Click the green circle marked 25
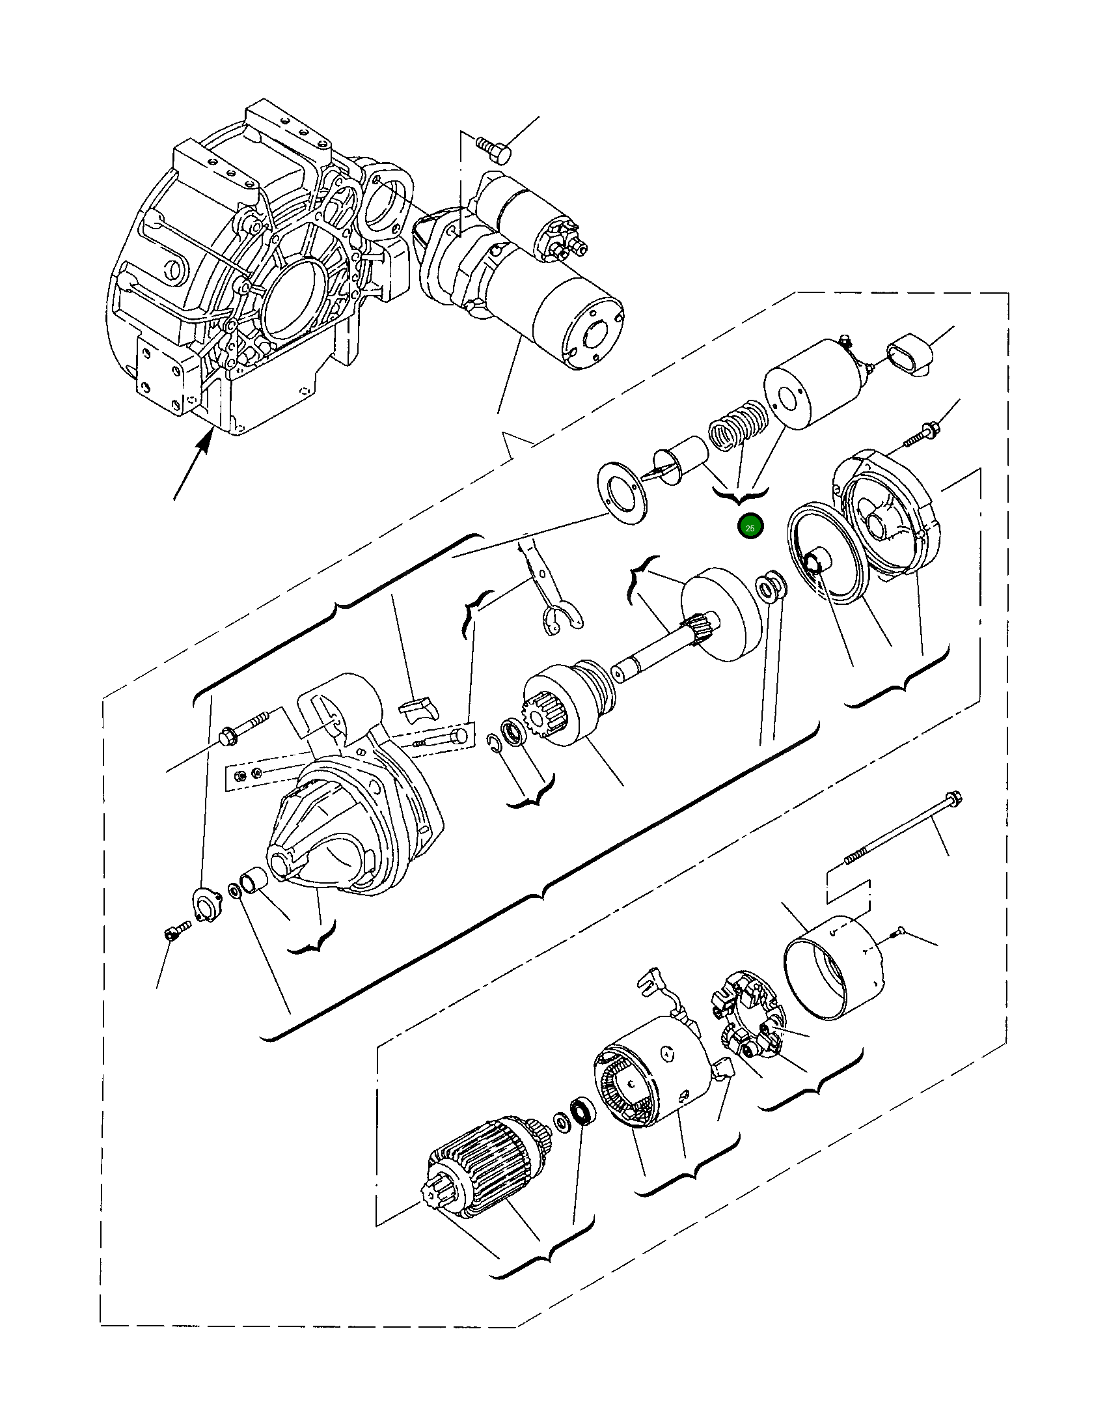pos(750,527)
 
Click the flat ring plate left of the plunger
pos(624,493)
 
